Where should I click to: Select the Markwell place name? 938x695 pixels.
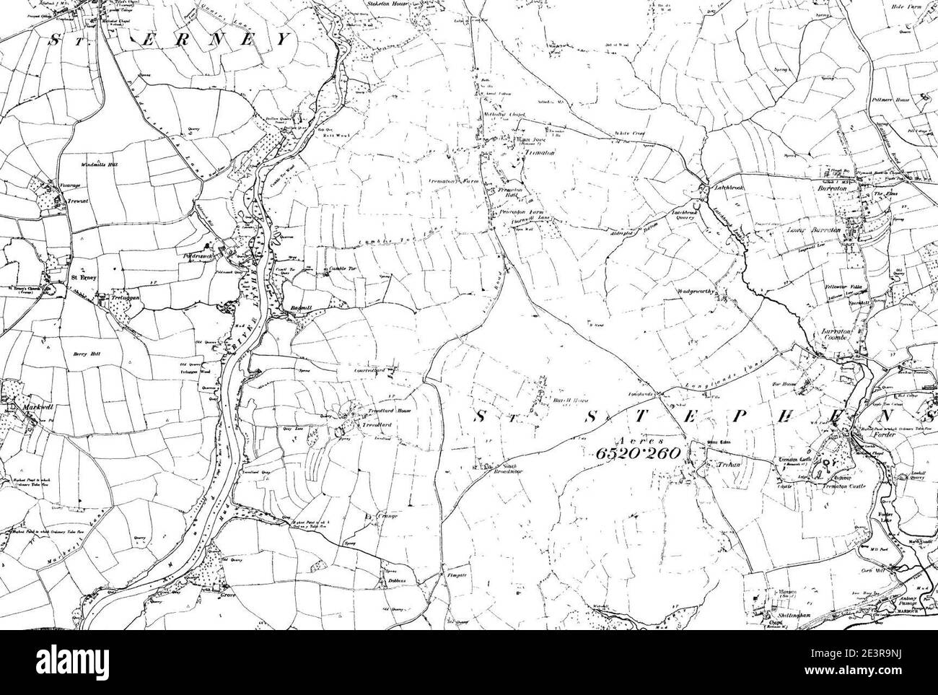click(x=20, y=407)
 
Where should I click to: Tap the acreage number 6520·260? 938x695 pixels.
click(x=639, y=453)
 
